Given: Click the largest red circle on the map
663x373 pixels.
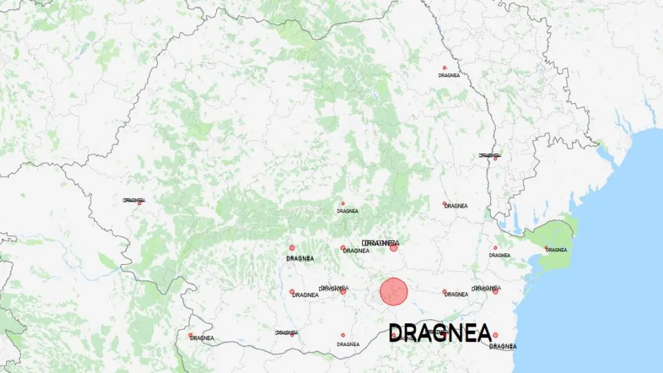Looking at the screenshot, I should (394, 291).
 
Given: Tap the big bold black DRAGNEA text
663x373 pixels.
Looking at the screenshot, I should (440, 333).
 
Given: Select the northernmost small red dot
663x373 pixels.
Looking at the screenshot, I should (445, 68).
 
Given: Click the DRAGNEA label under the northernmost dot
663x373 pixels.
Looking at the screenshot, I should (449, 75).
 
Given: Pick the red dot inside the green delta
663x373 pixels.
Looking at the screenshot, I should (547, 248).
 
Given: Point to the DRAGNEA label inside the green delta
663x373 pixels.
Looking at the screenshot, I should (556, 250).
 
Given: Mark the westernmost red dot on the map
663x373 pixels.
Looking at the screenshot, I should (139, 203).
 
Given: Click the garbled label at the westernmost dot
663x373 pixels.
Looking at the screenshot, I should (133, 200).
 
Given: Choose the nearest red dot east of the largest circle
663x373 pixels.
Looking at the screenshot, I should (445, 291).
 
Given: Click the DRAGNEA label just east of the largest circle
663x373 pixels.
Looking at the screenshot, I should (456, 295).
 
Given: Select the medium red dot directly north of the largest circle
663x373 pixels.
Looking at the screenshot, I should (394, 248).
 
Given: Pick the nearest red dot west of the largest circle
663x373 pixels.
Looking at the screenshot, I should (343, 291).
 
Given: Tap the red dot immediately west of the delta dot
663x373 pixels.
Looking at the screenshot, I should (495, 247).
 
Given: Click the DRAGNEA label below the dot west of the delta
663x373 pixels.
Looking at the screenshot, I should (499, 256).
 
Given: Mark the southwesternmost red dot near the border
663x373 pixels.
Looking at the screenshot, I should (190, 335).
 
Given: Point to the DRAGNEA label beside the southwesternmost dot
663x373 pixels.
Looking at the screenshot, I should (202, 338).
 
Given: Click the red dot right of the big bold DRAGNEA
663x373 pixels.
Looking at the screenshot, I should (495, 335).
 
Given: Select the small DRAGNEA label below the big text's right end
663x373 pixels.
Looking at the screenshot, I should (503, 347).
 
